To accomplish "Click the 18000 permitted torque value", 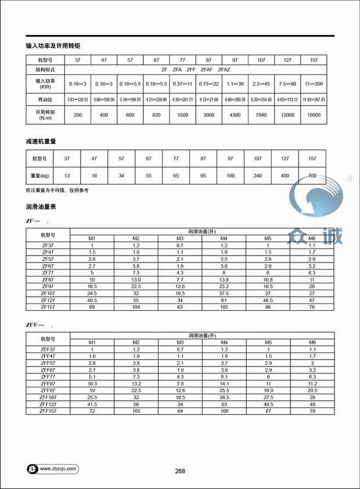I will (x=314, y=116).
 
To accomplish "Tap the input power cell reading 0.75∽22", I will (x=208, y=84).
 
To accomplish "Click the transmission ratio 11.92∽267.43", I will (x=314, y=100).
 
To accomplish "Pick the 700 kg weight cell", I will (x=312, y=175).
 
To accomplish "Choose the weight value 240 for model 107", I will (x=257, y=175).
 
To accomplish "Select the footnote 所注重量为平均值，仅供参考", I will (x=57, y=190).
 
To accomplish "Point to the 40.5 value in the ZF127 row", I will (x=92, y=300).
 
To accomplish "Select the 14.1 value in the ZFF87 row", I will (x=224, y=383).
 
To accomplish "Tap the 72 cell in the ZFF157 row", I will (x=92, y=411).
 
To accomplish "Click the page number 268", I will (x=180, y=471).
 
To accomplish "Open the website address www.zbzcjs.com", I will (x=58, y=468).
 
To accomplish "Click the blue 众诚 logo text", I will (x=315, y=235).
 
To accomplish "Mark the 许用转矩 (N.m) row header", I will (x=45, y=116).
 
